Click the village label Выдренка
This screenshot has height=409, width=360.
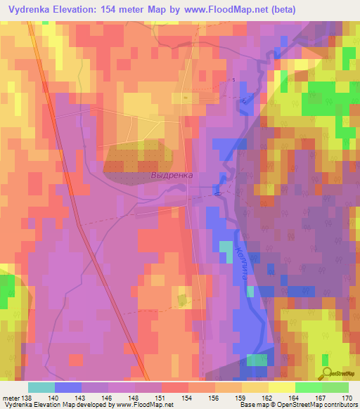coord(172,175)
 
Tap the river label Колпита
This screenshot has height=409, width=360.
coord(242,263)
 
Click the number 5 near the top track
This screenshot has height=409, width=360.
coord(234,79)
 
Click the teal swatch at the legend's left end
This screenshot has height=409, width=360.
coord(41,387)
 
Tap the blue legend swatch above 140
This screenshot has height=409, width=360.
coord(68,387)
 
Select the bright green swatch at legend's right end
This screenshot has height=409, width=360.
coord(335,387)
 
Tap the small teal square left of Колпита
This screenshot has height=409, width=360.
coord(226,251)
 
